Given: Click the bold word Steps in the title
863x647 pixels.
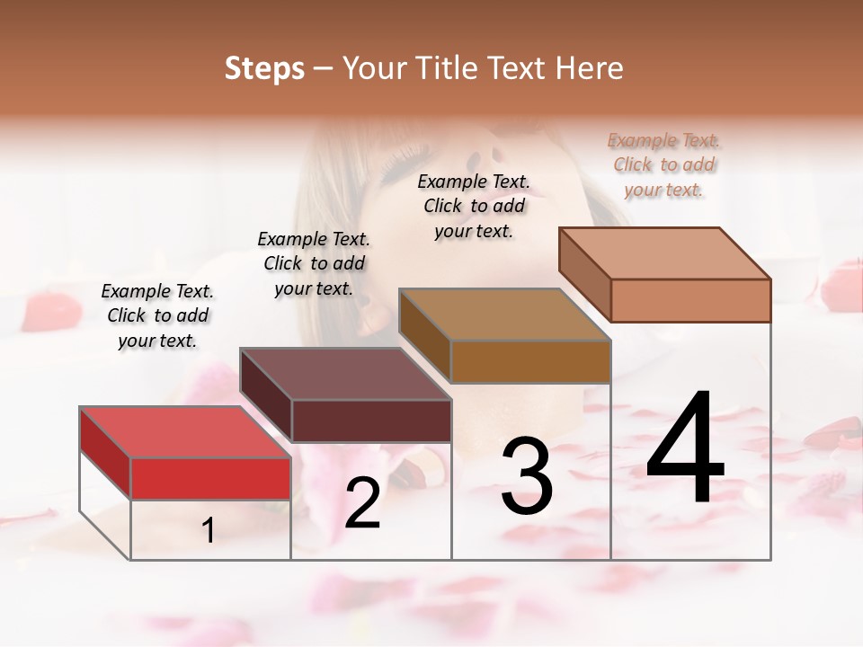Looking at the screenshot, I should (x=263, y=67).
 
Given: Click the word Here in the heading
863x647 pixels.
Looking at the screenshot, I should (x=588, y=67).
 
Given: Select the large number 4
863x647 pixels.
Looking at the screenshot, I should (x=685, y=448).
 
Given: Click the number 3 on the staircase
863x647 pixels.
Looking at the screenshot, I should (x=527, y=475).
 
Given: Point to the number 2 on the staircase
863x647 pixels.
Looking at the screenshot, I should (x=363, y=503).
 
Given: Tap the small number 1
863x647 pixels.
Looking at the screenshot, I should (x=209, y=531).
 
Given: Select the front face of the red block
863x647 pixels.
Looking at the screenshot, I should (x=210, y=478).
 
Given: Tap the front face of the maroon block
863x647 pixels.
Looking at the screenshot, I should (x=371, y=421).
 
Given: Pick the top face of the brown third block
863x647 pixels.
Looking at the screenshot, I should (x=503, y=315).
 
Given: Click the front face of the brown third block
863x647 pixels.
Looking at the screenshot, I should (x=530, y=361).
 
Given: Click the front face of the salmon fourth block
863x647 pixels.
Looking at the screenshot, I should (x=690, y=300).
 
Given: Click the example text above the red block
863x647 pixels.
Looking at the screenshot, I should (x=157, y=316).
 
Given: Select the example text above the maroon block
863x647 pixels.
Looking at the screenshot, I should (x=314, y=264).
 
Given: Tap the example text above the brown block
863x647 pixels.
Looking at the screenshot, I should (x=474, y=206).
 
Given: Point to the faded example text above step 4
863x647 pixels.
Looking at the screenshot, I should (x=664, y=165).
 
